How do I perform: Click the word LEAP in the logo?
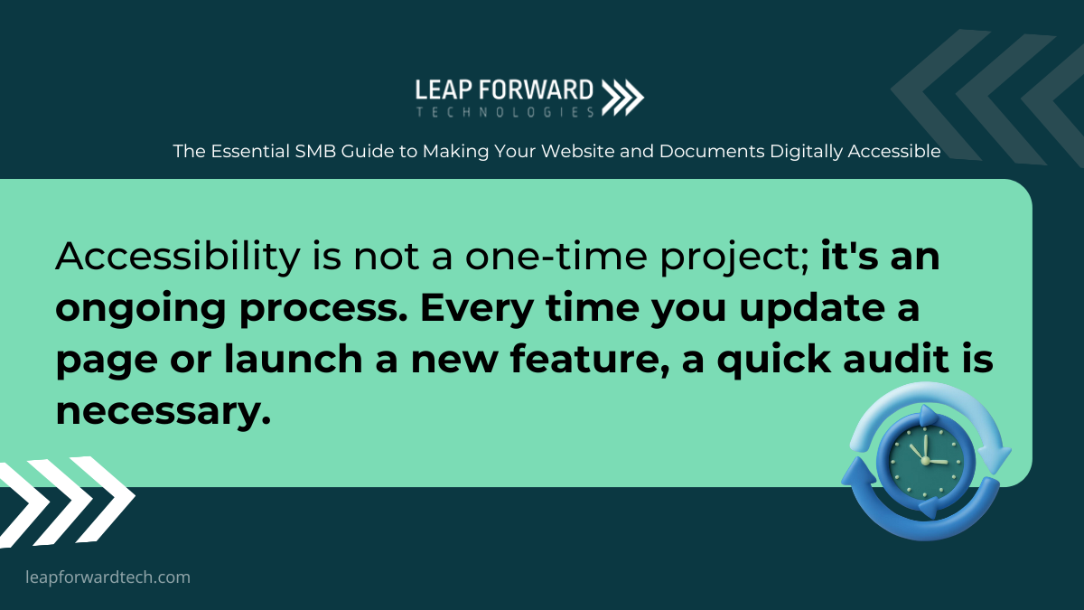[444, 90]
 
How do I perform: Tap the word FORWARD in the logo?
[537, 90]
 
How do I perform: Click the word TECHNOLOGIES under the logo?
[505, 112]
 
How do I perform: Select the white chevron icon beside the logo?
[622, 98]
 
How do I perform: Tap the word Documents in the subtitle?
[712, 152]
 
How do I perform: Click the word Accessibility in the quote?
[178, 258]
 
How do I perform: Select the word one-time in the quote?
[556, 257]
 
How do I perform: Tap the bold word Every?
[477, 310]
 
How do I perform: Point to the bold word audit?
[896, 359]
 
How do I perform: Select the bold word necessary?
[164, 412]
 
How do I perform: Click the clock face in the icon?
[925, 462]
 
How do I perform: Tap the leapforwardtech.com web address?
[107, 577]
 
